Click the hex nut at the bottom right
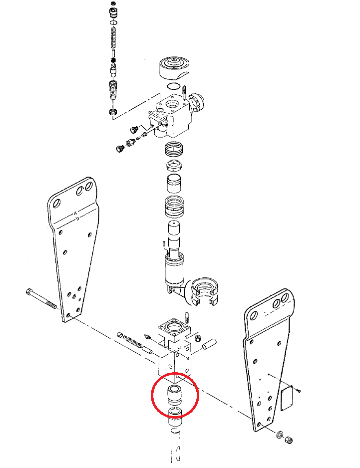(x=289, y=440)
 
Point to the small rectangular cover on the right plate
(x=287, y=399)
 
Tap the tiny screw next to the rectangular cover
(x=299, y=390)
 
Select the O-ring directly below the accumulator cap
(x=173, y=86)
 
